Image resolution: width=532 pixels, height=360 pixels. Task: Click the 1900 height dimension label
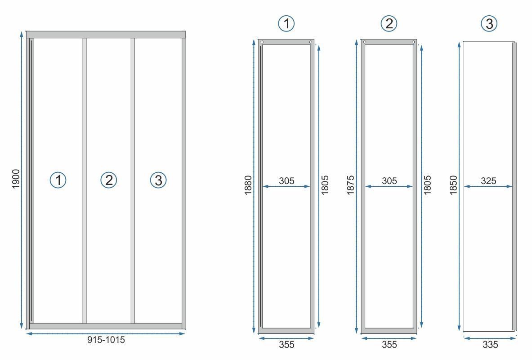click(16, 179)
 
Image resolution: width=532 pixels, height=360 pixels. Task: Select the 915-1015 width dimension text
click(106, 340)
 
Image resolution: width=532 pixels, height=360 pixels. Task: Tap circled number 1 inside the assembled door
click(58, 180)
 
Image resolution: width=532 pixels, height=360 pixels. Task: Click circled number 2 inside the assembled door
click(108, 180)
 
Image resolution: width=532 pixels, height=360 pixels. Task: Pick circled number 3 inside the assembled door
click(158, 180)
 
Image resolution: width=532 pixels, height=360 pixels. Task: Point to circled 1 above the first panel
click(286, 23)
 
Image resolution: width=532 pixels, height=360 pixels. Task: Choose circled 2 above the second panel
click(389, 23)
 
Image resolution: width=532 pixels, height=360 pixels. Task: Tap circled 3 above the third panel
click(489, 23)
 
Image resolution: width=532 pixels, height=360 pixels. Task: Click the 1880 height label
click(248, 185)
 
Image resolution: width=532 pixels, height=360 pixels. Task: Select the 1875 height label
click(350, 185)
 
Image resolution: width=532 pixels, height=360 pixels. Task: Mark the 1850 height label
click(453, 185)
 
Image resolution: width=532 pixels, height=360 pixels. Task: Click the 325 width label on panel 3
click(488, 181)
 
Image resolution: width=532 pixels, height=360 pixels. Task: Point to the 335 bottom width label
click(490, 344)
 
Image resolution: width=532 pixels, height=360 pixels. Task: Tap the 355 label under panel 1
click(287, 344)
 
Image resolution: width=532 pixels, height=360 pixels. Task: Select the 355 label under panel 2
click(389, 344)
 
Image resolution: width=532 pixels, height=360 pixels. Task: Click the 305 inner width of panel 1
click(287, 181)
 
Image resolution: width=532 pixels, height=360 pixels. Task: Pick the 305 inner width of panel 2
click(389, 181)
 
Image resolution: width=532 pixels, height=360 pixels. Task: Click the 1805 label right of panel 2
click(427, 185)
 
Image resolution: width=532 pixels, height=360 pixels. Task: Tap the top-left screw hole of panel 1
click(262, 42)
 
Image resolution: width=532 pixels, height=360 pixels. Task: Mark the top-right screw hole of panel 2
click(413, 42)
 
